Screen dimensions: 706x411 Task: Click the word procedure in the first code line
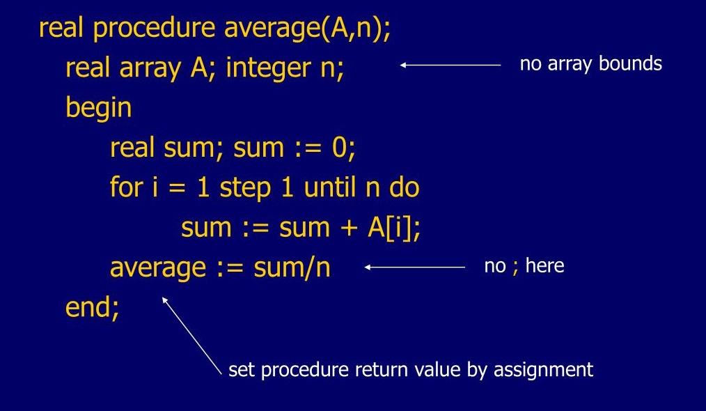pyautogui.click(x=154, y=29)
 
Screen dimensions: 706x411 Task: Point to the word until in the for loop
pyautogui.click(x=334, y=187)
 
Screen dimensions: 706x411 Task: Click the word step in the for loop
pyautogui.click(x=245, y=188)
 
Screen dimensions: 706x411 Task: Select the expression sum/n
pyautogui.click(x=292, y=267)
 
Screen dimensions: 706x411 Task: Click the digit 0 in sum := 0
pyautogui.click(x=339, y=148)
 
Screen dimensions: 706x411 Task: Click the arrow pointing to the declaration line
pyautogui.click(x=450, y=65)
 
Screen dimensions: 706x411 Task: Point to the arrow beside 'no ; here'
pyautogui.click(x=415, y=267)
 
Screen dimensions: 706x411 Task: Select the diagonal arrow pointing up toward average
pyautogui.click(x=191, y=336)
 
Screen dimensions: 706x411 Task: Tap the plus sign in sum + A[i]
pyautogui.click(x=349, y=228)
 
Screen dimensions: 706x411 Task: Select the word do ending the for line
pyautogui.click(x=405, y=187)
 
